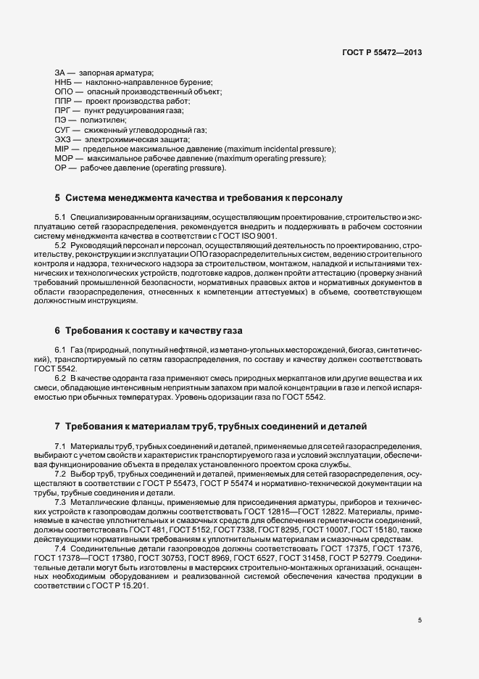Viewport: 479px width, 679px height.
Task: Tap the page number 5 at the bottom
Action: coord(420,620)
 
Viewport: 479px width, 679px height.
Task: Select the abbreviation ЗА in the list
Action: coord(61,73)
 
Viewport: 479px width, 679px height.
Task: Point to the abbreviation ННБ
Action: coord(64,83)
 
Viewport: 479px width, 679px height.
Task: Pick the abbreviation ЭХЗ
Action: coord(63,139)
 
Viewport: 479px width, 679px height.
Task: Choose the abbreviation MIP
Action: coord(62,149)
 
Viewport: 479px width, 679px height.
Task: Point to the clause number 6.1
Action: coord(60,350)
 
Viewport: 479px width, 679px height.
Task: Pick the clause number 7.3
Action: coord(60,501)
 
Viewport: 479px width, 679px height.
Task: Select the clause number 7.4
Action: coord(60,548)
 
